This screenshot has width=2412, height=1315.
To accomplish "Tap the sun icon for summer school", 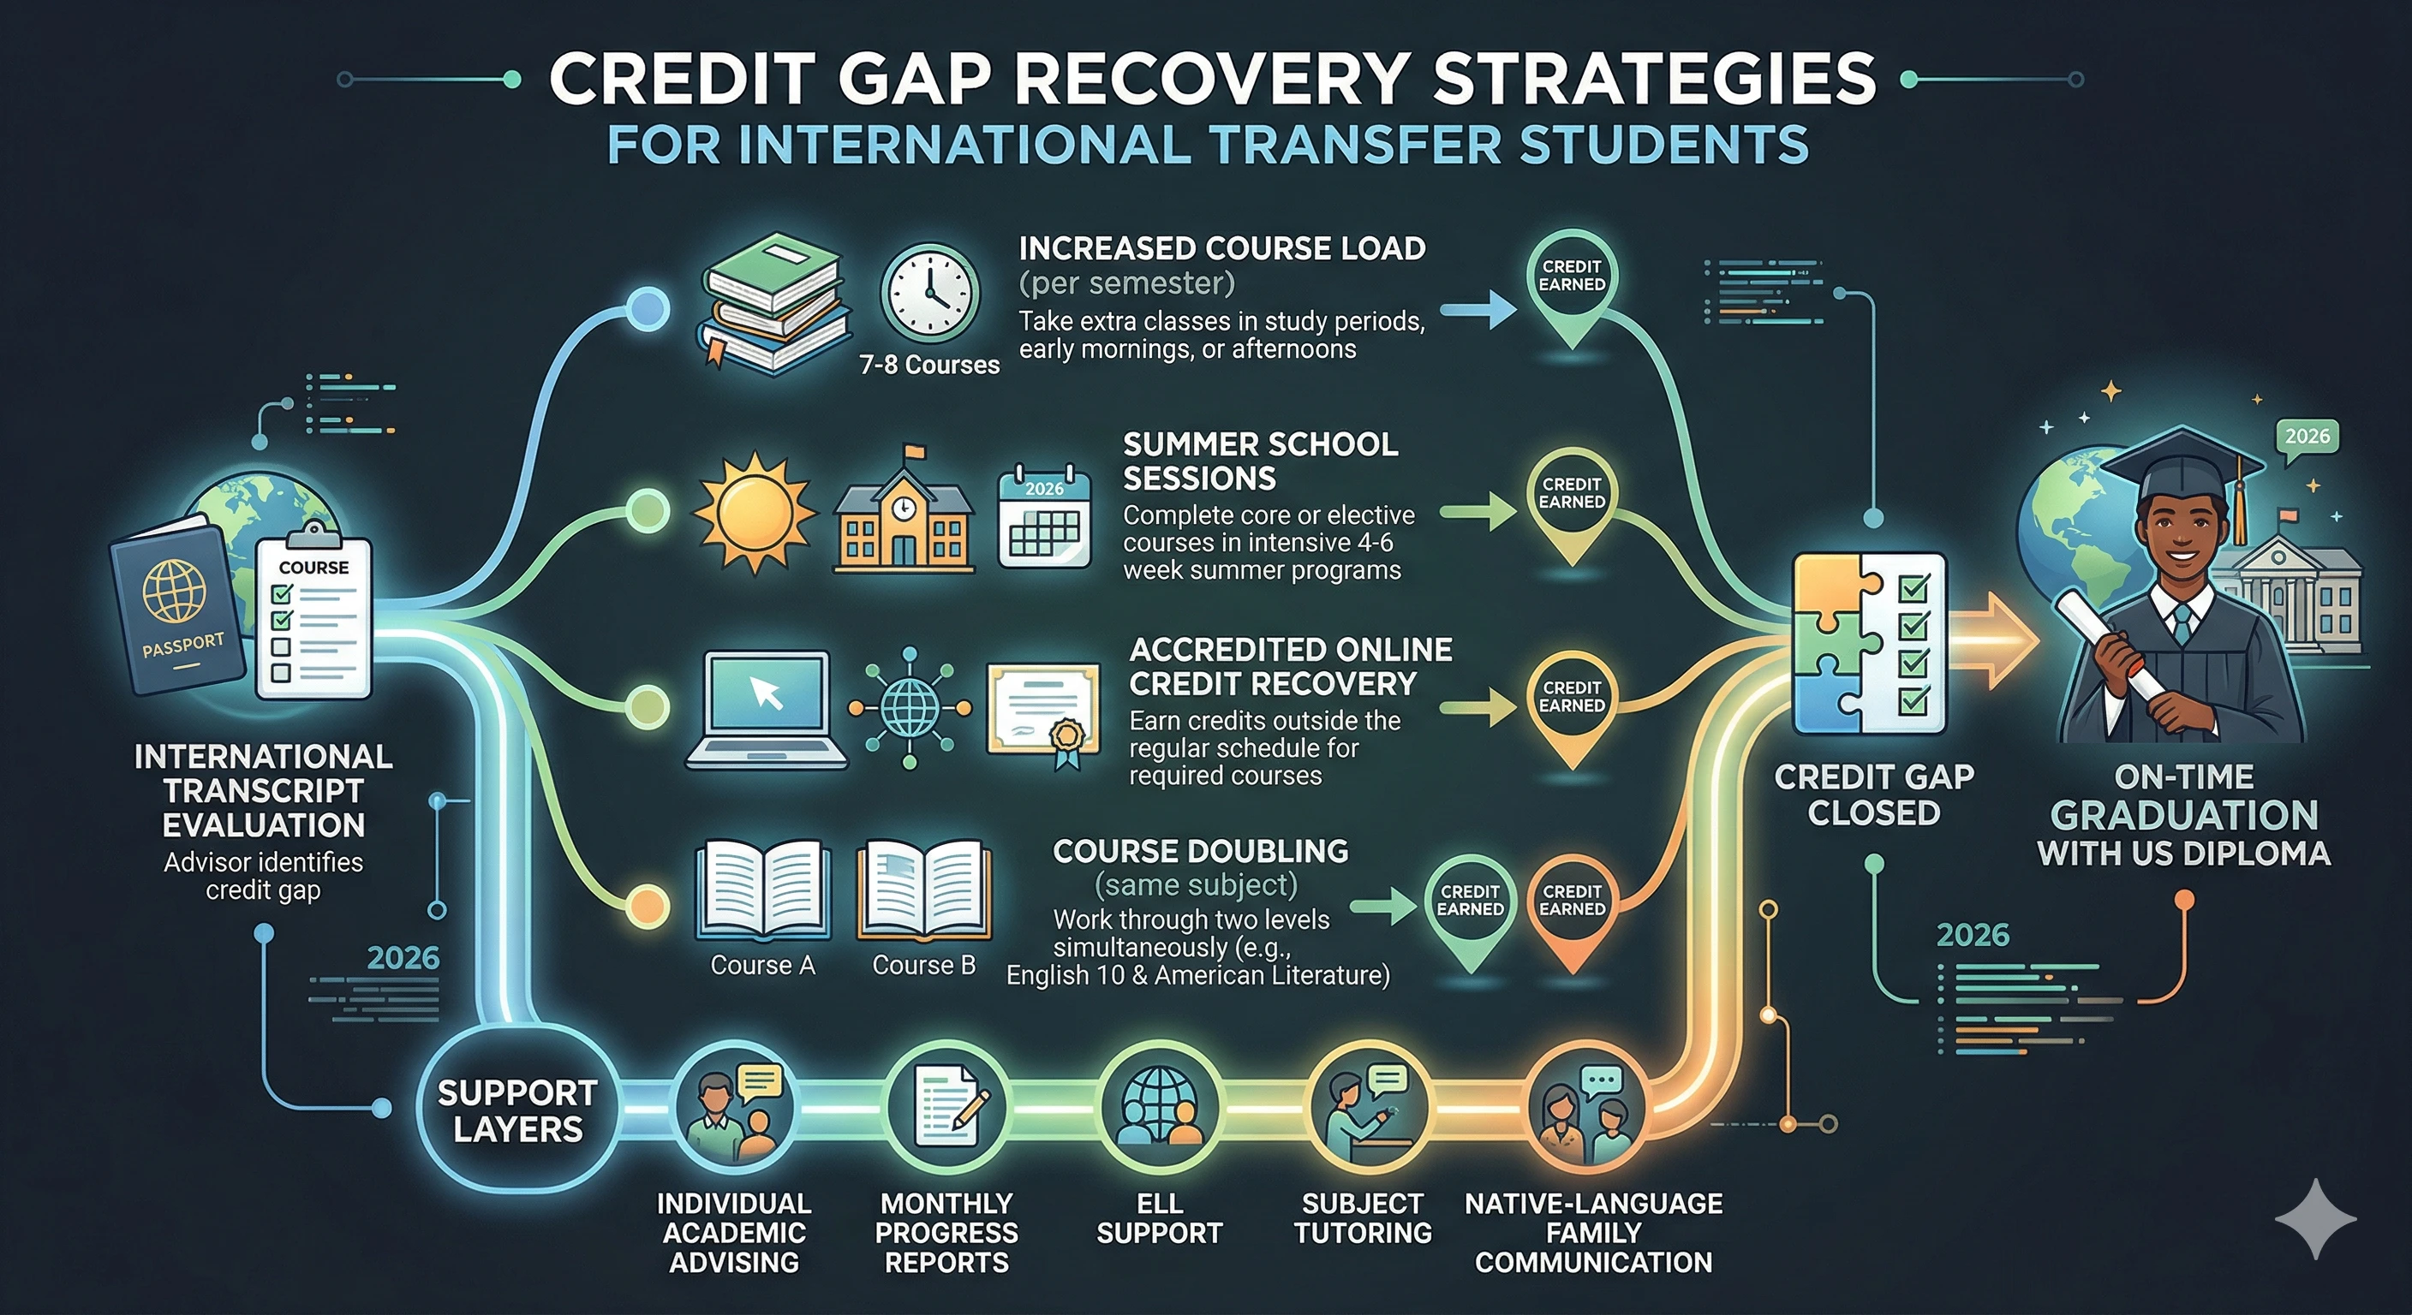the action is point(753,513).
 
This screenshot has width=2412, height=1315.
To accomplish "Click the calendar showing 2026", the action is point(1044,520).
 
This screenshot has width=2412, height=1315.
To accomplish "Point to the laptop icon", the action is point(766,710).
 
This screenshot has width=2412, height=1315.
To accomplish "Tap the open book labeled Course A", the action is point(762,890).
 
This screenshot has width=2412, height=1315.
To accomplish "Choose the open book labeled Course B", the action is point(923,890).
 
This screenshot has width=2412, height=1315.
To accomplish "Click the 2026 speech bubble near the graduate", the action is point(2306,437).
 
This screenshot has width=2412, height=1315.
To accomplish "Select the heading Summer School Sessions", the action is point(1259,461).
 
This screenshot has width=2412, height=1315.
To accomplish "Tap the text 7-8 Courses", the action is point(928,364).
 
